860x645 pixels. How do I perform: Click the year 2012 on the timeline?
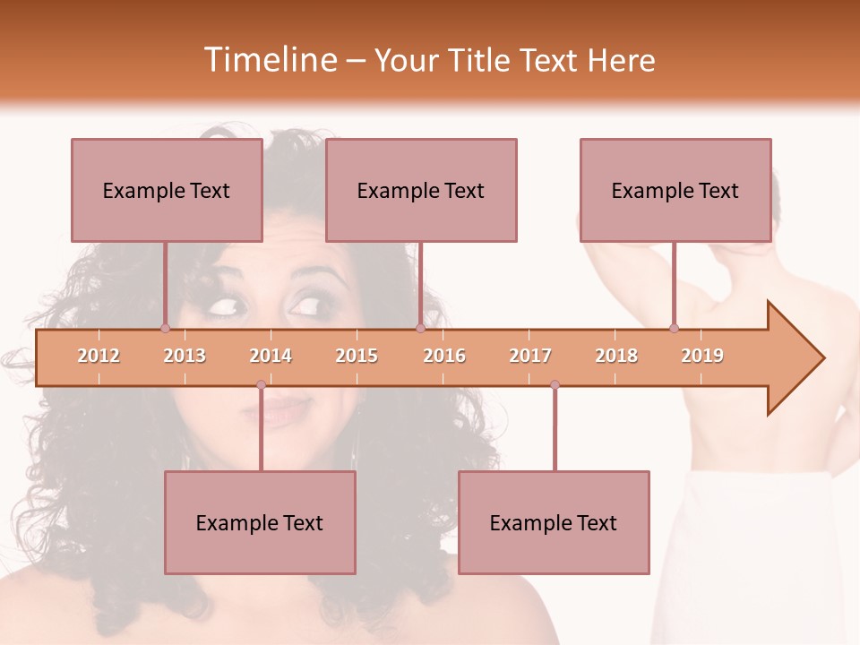[99, 356]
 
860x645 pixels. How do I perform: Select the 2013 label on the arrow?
[185, 356]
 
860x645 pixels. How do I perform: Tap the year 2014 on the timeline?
[271, 356]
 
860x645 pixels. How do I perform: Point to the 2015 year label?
[357, 356]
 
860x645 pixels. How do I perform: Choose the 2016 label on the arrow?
[444, 356]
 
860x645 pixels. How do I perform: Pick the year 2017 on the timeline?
[530, 356]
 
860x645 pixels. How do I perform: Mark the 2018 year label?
[616, 356]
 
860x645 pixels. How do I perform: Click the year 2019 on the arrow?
[702, 356]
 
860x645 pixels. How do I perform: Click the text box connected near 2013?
[167, 190]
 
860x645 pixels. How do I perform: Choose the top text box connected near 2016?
[421, 190]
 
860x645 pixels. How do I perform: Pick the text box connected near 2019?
[675, 190]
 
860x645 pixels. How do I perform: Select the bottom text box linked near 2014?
[260, 522]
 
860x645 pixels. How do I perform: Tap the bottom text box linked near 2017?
[554, 522]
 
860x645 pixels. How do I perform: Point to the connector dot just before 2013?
[165, 328]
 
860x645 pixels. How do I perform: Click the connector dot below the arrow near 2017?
[555, 385]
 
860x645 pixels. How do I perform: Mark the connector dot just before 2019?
[674, 328]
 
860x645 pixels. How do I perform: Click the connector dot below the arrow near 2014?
[261, 385]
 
